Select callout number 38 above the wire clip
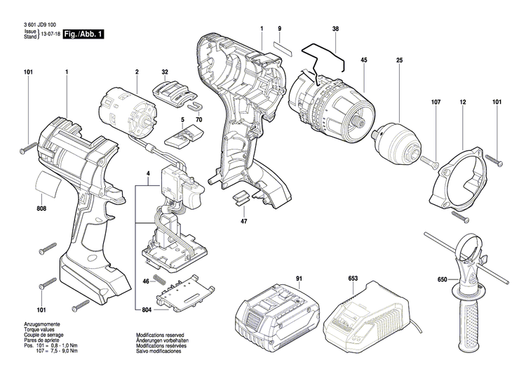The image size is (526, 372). click(335, 28)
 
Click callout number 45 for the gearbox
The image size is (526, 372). click(364, 60)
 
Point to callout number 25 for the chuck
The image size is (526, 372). click(399, 60)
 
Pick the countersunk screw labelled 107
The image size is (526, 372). click(433, 163)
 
